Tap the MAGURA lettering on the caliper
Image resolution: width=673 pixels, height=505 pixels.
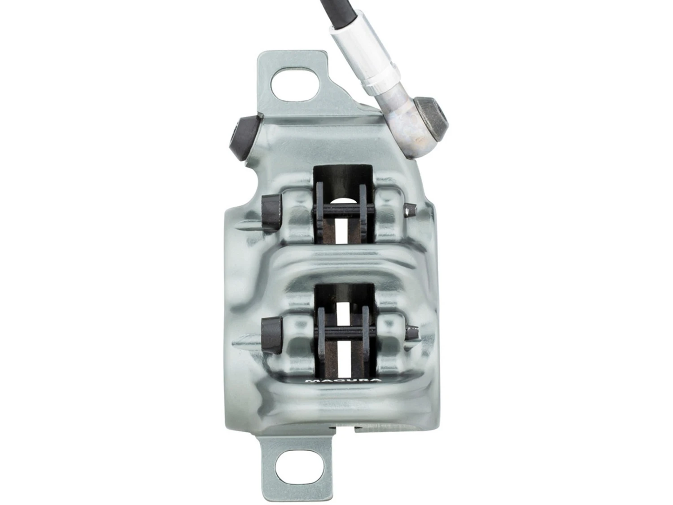click(343, 381)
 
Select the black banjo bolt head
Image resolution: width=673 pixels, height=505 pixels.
click(432, 117)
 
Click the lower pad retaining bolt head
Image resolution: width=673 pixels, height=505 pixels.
click(272, 334)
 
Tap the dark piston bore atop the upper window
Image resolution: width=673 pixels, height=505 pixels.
click(343, 180)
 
